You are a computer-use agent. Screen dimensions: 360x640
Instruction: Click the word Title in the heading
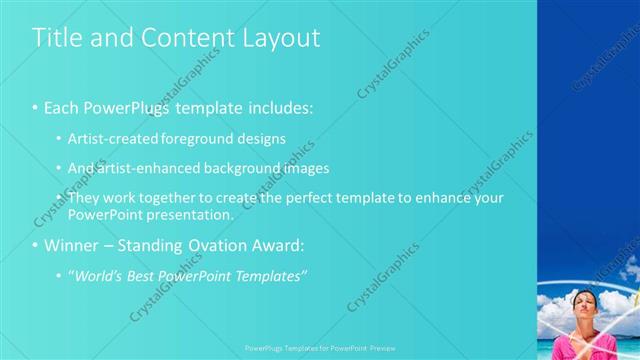click(55, 38)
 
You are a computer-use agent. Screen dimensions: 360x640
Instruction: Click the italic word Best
click(144, 276)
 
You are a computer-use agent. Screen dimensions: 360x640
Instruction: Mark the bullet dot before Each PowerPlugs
click(36, 107)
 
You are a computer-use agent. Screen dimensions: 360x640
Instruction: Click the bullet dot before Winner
click(36, 245)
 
